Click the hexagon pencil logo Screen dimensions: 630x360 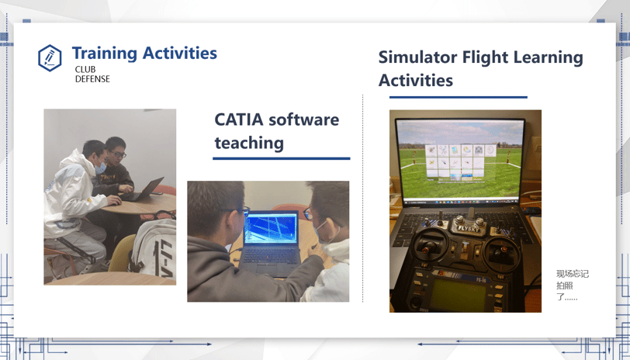tap(50, 58)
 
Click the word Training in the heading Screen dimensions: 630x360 tap(105, 54)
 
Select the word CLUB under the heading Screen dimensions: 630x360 tap(85, 69)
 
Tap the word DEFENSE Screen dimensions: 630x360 tap(92, 79)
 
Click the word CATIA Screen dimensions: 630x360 tap(239, 119)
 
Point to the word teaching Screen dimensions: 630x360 tap(249, 143)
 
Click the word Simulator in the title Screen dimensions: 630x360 tap(417, 57)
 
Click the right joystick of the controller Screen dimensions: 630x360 tap(502, 251)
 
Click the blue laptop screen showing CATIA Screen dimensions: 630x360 tap(271, 227)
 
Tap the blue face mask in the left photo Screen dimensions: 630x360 tap(100, 167)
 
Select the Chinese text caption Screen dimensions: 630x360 tap(572, 286)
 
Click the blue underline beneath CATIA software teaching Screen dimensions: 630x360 tap(281, 159)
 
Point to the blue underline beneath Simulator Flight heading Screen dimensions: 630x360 tap(458, 97)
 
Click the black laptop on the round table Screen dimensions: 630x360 tap(142, 189)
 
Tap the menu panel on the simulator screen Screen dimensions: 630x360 tap(460, 161)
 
